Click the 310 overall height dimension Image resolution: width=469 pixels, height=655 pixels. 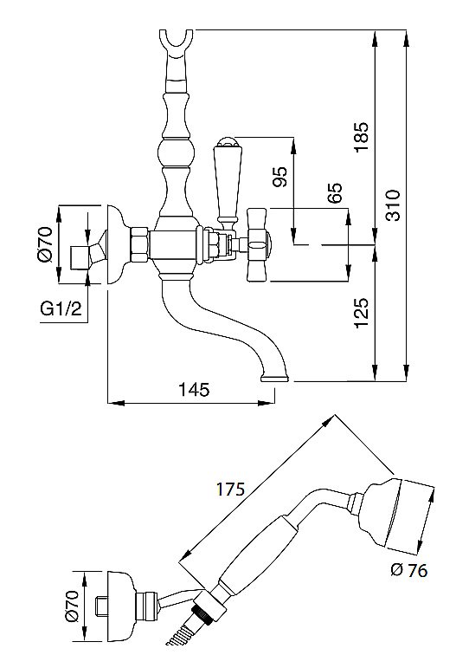pyautogui.click(x=392, y=205)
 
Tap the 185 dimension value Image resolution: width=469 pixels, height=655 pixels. pyautogui.click(x=362, y=137)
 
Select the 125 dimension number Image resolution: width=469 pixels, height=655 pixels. pyautogui.click(x=362, y=313)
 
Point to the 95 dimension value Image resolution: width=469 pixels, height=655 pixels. pyautogui.click(x=280, y=177)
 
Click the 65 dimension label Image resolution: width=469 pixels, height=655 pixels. pyautogui.click(x=334, y=192)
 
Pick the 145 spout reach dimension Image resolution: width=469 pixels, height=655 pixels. pyautogui.click(x=194, y=389)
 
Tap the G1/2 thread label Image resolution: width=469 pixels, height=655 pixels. pyautogui.click(x=61, y=308)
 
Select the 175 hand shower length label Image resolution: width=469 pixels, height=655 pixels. pyautogui.click(x=230, y=489)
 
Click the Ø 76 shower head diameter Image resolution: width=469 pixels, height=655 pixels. pyautogui.click(x=409, y=570)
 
